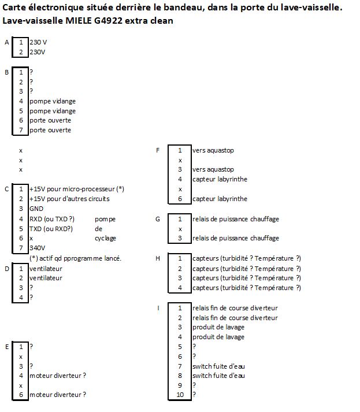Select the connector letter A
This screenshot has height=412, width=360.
[x=6, y=43]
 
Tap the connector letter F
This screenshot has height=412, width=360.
[x=158, y=150]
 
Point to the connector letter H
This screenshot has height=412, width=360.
[x=158, y=258]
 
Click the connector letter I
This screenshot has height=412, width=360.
[x=158, y=307]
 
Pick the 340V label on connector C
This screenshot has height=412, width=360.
[x=37, y=248]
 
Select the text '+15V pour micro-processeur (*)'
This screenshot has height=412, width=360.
[x=77, y=189]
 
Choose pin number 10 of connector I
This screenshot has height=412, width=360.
[x=180, y=395]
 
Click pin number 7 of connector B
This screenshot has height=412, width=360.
[x=21, y=130]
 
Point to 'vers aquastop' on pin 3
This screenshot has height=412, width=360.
[x=213, y=170]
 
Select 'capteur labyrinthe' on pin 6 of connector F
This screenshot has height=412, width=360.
[x=220, y=199]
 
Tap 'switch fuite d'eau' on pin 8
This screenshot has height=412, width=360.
[x=218, y=376]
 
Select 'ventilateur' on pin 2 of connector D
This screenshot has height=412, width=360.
[x=46, y=278]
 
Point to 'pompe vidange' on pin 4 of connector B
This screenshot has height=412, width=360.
[x=53, y=101]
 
